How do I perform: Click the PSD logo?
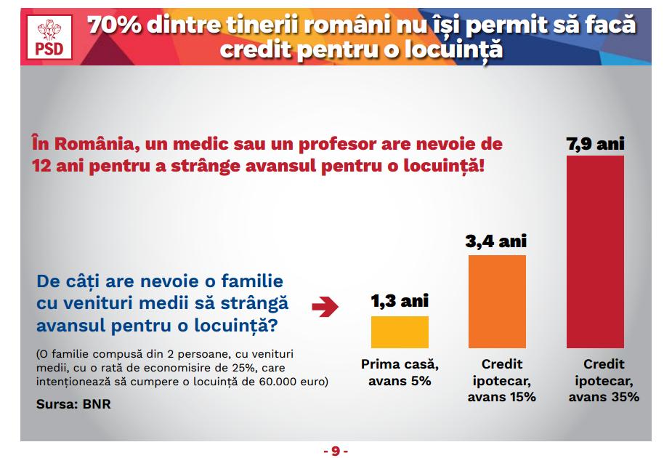click(49, 37)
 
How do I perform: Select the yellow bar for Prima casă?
click(400, 332)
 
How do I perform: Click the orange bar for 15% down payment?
click(497, 302)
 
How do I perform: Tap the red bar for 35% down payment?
click(595, 252)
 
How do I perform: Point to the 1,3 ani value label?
click(400, 301)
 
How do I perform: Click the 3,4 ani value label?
click(496, 241)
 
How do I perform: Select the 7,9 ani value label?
click(595, 144)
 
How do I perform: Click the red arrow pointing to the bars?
click(325, 306)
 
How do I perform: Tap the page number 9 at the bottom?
click(336, 451)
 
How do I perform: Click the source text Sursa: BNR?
click(73, 404)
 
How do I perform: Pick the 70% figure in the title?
click(115, 25)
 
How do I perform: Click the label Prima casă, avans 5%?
click(400, 372)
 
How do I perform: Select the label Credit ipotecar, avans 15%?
click(501, 380)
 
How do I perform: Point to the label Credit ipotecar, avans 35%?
click(604, 380)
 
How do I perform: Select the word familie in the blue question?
click(252, 281)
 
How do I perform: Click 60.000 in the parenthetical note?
click(278, 381)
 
